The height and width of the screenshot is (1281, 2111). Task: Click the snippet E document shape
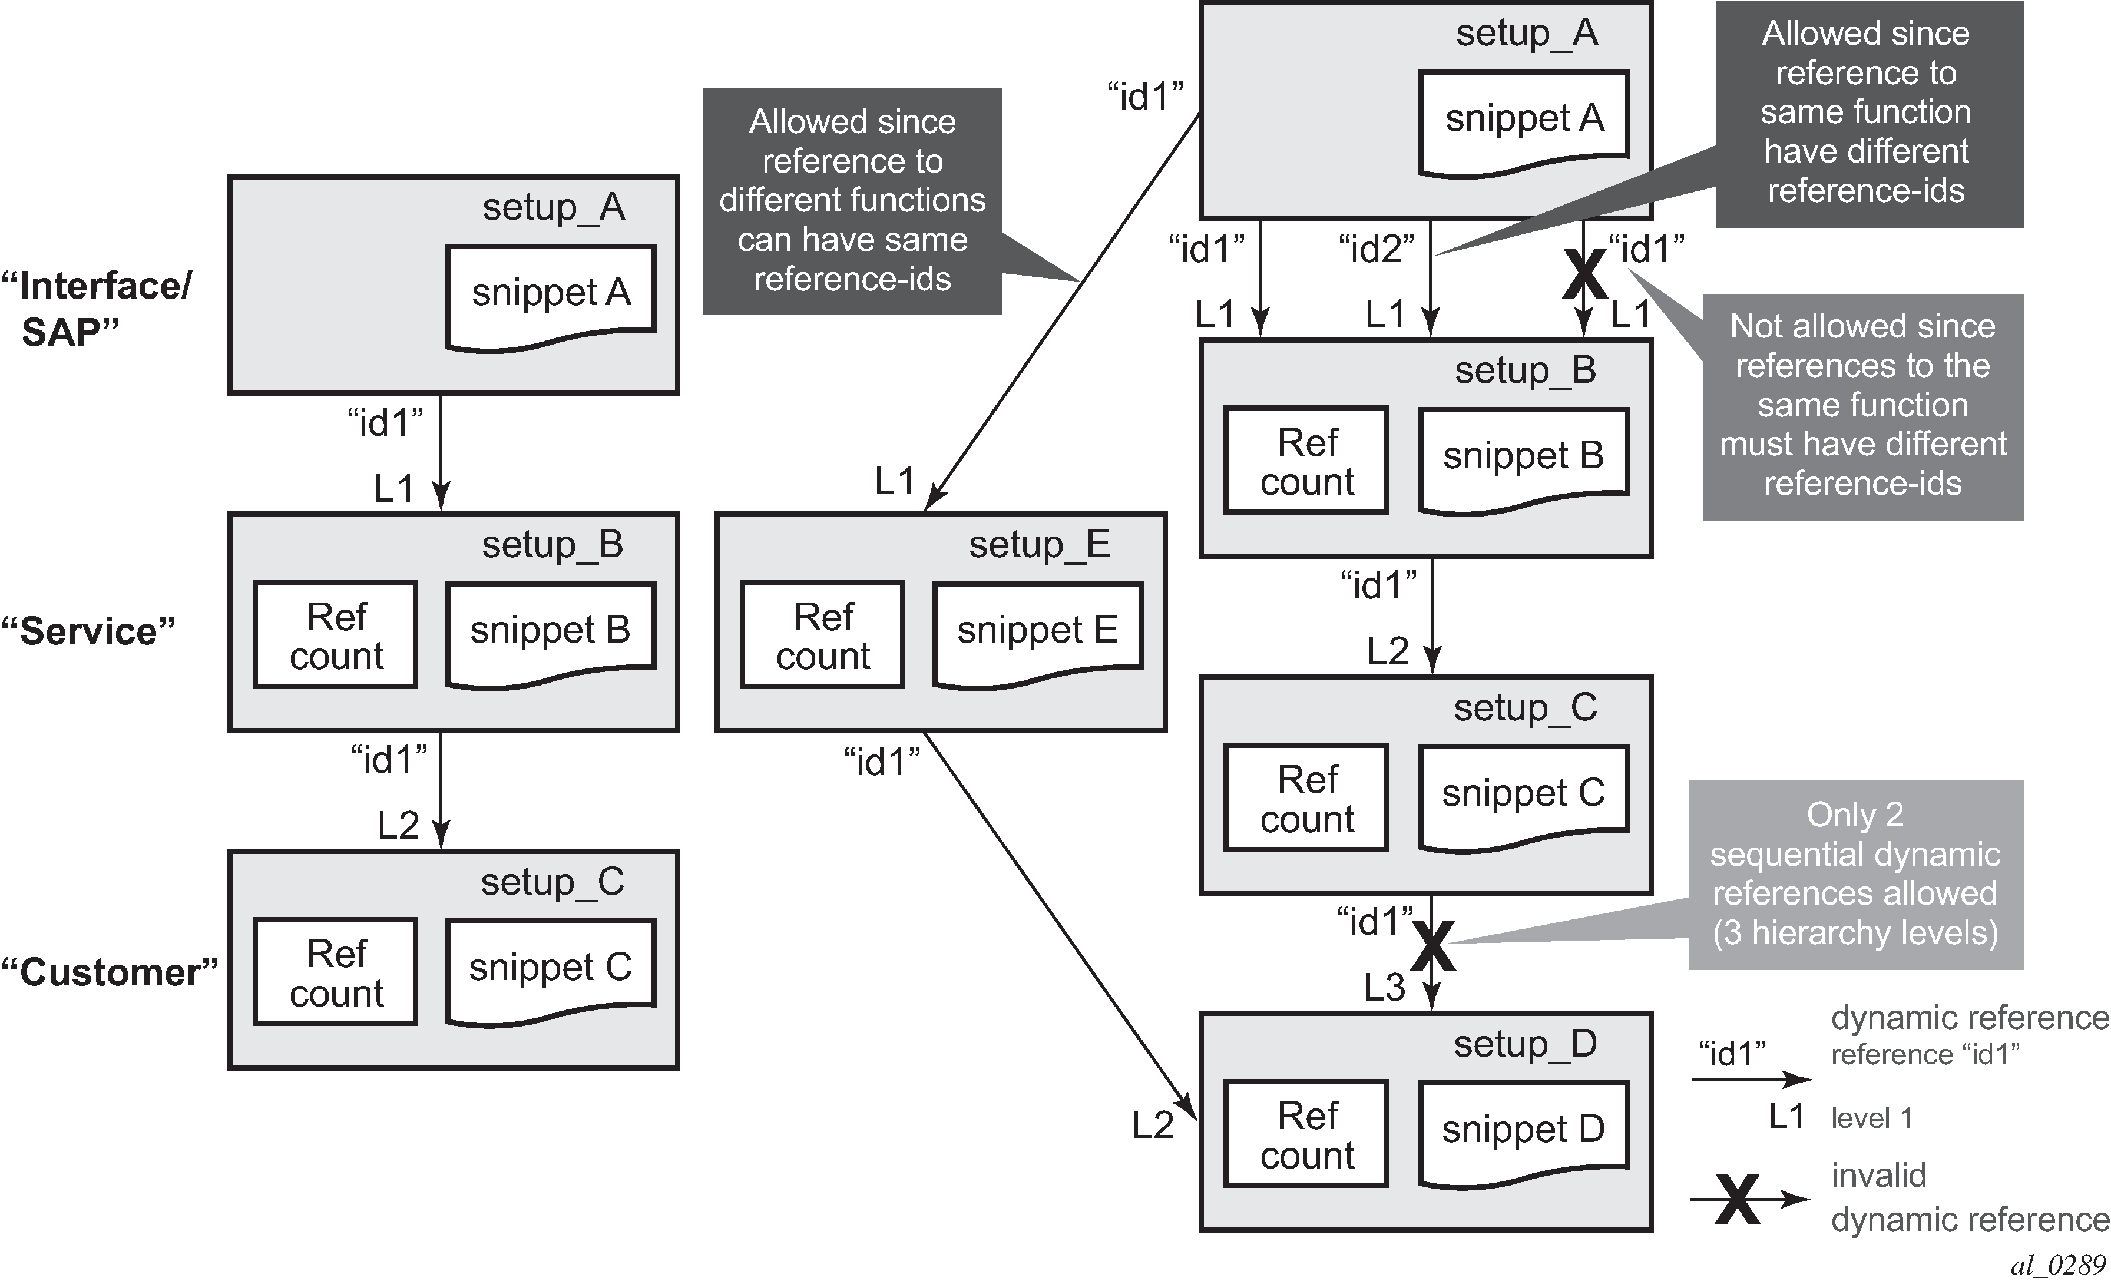click(x=1037, y=633)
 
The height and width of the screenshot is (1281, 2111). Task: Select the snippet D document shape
click(x=1523, y=1131)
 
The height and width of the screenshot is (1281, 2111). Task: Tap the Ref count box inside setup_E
click(x=822, y=635)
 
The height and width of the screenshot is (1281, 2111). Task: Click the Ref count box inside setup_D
click(x=1306, y=1134)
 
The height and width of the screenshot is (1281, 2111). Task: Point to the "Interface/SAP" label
click(x=96, y=309)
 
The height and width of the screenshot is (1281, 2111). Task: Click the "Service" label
click(x=88, y=631)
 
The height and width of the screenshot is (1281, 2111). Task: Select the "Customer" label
click(x=110, y=972)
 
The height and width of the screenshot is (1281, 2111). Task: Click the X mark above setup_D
click(x=1432, y=945)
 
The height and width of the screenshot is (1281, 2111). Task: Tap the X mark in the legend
click(x=1738, y=1200)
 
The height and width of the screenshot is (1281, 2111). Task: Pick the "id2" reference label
click(x=1376, y=249)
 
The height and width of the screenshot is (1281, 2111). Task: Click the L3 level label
click(x=1385, y=988)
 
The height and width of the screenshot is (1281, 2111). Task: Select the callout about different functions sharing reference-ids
click(x=852, y=200)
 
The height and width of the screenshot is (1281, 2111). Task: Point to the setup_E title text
click(x=1039, y=545)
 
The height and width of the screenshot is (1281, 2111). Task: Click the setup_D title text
click(x=1525, y=1044)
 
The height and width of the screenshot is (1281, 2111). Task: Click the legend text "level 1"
click(x=1872, y=1117)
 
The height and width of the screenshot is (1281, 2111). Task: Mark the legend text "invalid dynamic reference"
click(x=1969, y=1197)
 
